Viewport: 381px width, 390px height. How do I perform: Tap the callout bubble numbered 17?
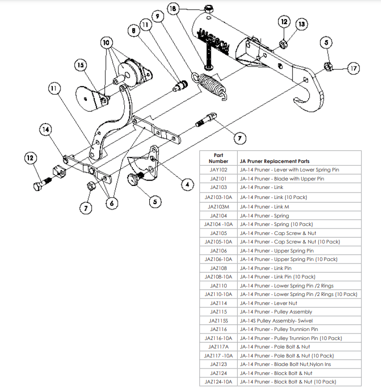pos(354,68)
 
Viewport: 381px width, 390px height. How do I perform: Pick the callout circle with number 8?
pos(134,30)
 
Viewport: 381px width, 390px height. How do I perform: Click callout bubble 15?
pos(80,65)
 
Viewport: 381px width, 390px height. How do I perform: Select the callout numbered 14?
pos(46,129)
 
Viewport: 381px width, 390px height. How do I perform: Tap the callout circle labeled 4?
pos(187,184)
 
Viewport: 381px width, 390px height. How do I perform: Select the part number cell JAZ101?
pos(218,178)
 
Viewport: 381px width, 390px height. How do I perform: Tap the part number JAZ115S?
pos(218,320)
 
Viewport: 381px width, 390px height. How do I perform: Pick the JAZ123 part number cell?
pos(218,364)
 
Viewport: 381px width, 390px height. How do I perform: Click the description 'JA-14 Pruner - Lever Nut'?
pos(268,303)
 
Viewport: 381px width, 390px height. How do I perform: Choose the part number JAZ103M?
pos(218,206)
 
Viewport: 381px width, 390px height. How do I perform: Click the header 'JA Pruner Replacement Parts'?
pos(274,161)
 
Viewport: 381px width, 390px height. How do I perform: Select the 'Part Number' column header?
pos(218,158)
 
